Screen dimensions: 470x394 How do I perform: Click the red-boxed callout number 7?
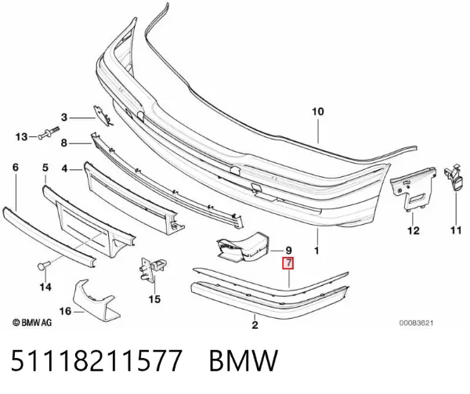(288, 263)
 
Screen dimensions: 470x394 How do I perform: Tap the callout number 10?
(318, 111)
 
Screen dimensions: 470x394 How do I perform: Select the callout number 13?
(22, 137)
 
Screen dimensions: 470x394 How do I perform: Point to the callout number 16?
(65, 311)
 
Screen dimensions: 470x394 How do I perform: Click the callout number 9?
(288, 250)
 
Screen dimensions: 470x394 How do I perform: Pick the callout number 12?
(414, 231)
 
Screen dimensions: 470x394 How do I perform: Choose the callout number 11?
(456, 230)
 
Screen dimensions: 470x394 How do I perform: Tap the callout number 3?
(64, 117)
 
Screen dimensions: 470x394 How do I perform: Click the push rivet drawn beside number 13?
(49, 133)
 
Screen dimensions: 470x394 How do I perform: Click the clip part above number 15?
(153, 268)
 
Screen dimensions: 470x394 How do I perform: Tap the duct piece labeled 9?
(242, 247)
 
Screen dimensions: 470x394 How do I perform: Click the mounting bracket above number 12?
(413, 189)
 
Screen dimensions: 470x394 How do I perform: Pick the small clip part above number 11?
(454, 177)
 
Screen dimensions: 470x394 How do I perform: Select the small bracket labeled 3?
(103, 116)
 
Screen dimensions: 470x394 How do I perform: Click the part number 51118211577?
(96, 360)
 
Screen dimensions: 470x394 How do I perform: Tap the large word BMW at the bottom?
(244, 360)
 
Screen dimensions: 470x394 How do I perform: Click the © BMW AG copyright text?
(32, 323)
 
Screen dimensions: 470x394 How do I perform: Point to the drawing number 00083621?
(416, 323)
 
